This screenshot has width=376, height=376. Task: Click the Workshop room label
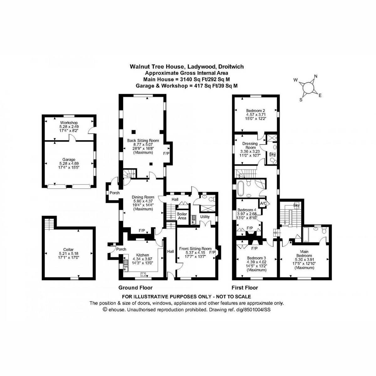pos(69,122)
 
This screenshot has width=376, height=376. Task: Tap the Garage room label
pos(69,159)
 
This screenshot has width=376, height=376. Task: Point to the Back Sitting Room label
pos(143,140)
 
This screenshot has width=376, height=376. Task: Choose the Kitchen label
pos(143,255)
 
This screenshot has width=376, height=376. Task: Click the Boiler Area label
pos(182,216)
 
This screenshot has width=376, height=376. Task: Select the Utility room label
pos(205,217)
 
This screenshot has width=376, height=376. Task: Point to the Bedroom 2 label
pos(256,111)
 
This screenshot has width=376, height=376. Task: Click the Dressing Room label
pos(250,145)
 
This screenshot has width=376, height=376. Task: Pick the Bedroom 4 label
pos(247,210)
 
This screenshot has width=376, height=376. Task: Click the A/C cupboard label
pos(263,203)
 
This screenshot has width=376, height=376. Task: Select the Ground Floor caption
pos(135,288)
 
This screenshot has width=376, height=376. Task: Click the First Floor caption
pos(245,288)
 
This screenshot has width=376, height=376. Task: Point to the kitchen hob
pos(144,274)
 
